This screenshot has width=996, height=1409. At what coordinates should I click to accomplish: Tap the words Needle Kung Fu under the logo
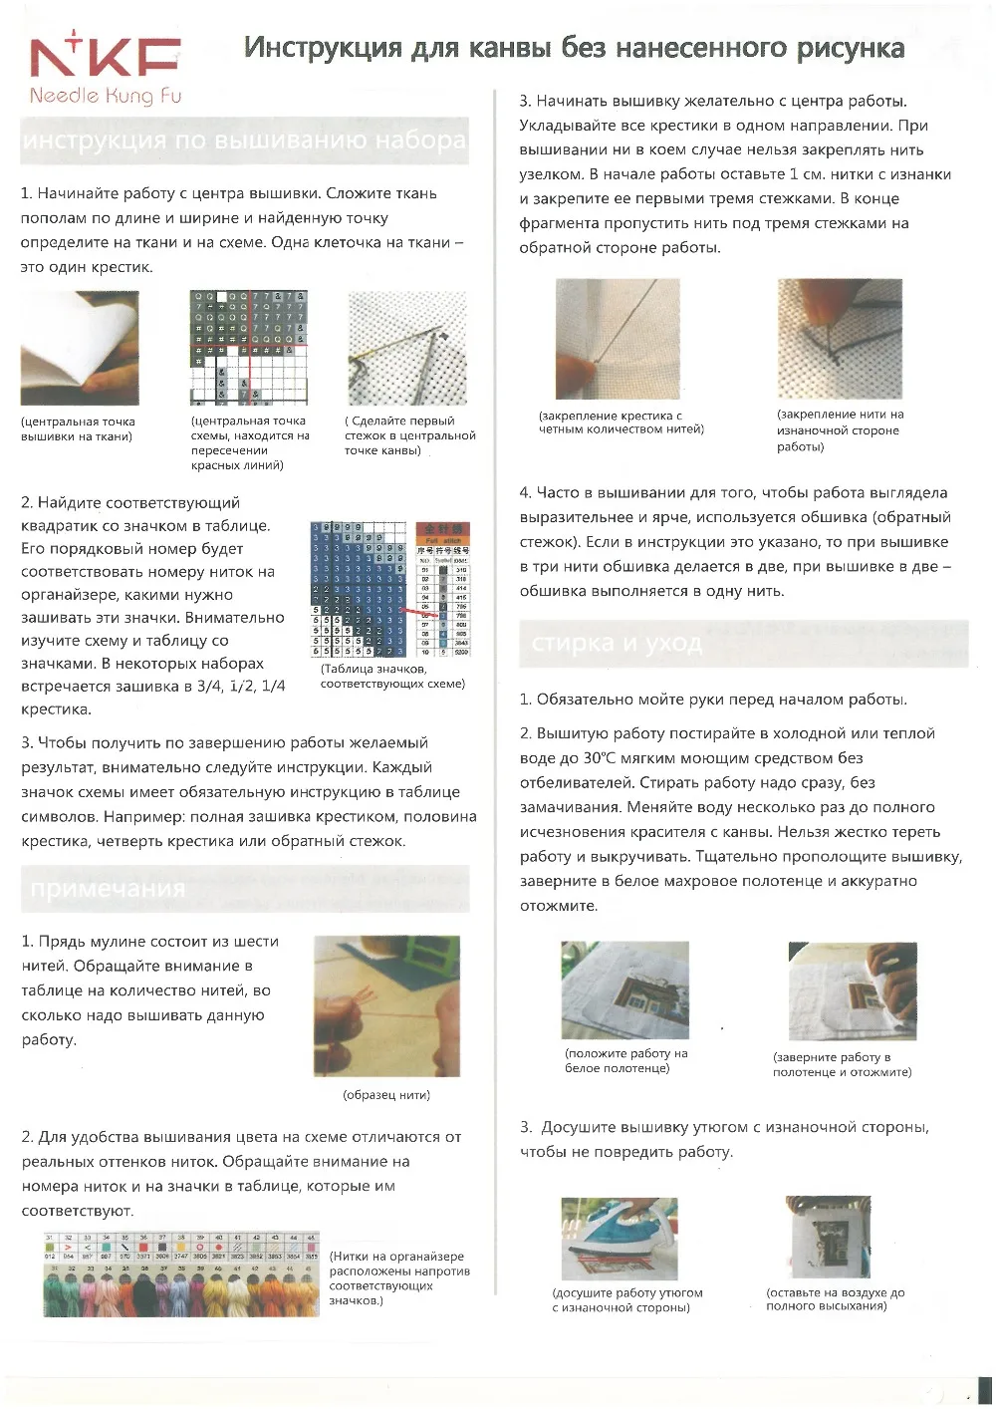coord(104,97)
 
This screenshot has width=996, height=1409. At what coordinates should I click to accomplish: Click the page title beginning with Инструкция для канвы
coord(575,48)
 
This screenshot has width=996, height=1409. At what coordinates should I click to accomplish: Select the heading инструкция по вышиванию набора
coord(244,140)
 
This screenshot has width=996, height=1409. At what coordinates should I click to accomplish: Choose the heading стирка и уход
coord(617,643)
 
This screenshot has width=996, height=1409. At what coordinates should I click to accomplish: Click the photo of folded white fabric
coord(80,348)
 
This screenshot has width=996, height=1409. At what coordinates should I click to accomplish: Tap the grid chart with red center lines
coord(248,348)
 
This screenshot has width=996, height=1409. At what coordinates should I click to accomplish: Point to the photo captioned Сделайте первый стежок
coord(406,348)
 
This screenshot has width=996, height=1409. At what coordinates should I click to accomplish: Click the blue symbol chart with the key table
coord(389,589)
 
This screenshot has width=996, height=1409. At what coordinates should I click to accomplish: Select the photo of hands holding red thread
coord(387,1005)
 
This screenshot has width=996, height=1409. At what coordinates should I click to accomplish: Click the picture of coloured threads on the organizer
coord(180,1274)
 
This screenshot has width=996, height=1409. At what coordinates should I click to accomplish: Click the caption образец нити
coord(386,1094)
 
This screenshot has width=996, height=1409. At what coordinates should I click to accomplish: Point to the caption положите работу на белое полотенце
coord(625,1060)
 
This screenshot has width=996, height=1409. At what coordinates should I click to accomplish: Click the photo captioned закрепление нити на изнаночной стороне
coord(839,339)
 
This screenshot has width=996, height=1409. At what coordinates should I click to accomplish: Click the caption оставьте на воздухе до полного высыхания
coord(835,1298)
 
